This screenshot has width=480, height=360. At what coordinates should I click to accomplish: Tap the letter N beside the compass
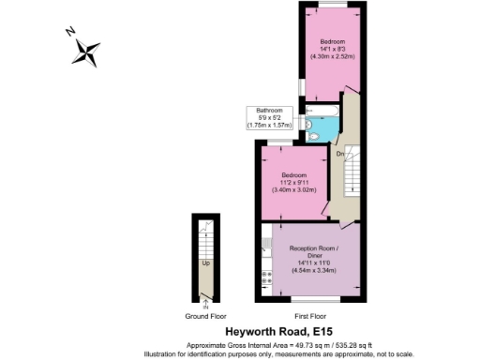[x=70, y=31]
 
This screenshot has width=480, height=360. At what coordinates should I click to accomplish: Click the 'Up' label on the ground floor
[x=205, y=262]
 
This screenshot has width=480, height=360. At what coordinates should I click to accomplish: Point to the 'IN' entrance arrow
[x=205, y=302]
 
